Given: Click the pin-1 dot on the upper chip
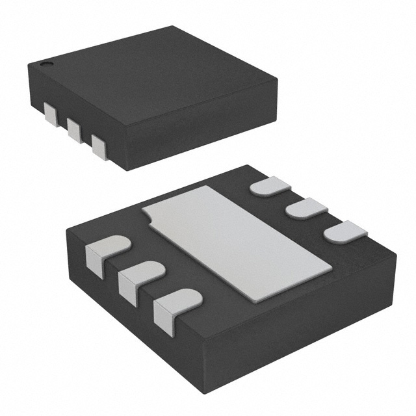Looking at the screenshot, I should (x=45, y=65).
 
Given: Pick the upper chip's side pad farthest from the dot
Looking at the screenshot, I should (x=99, y=146).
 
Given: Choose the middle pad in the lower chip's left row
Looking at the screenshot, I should (x=140, y=278).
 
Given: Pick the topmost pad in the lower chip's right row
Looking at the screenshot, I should (x=270, y=186).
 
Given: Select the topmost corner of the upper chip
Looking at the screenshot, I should (x=172, y=26).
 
